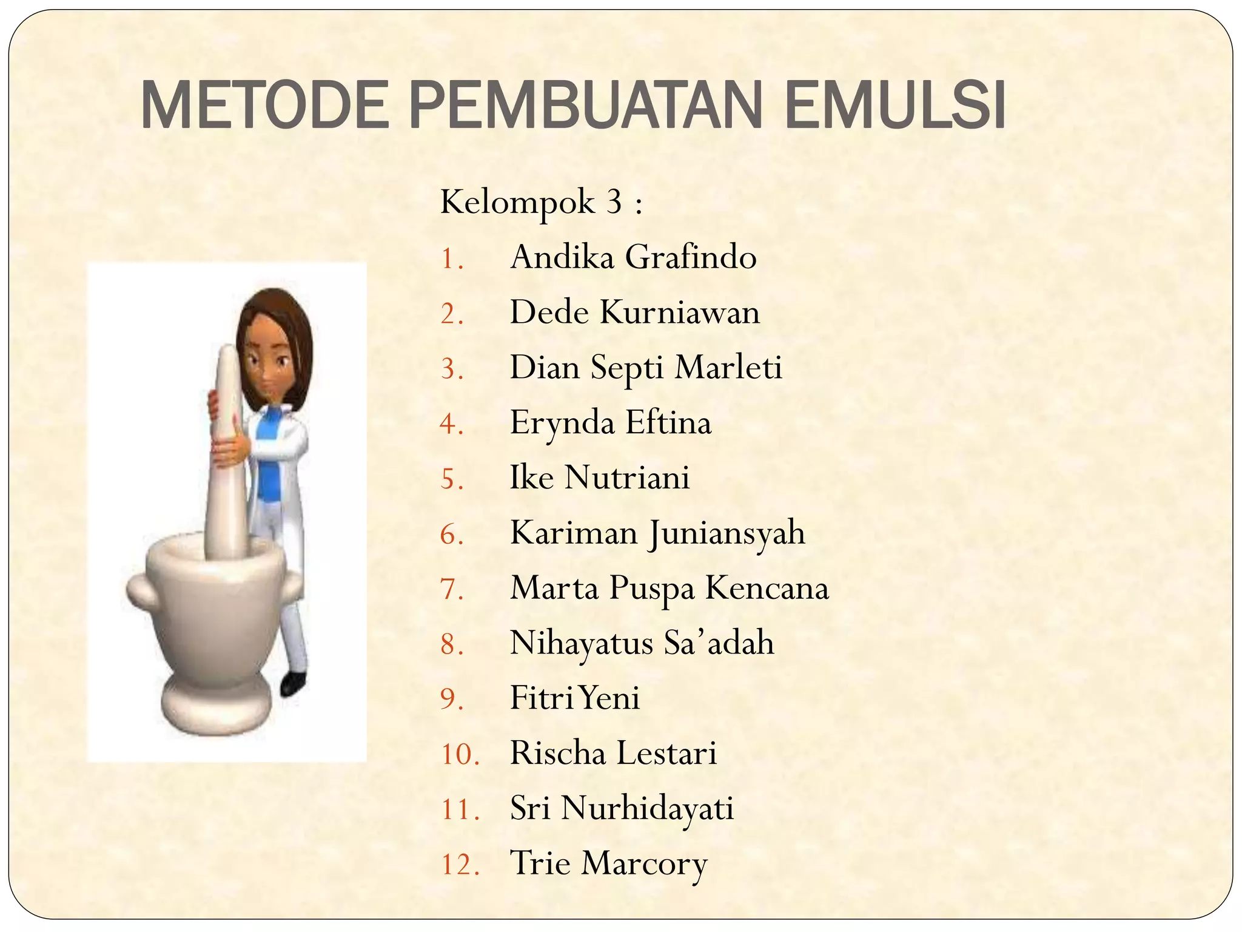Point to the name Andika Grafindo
click(633, 257)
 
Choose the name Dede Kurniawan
click(634, 312)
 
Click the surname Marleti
click(728, 368)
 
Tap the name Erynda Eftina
click(610, 422)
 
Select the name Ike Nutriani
click(599, 478)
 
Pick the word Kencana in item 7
click(767, 588)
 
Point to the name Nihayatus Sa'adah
click(642, 643)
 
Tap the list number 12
click(459, 864)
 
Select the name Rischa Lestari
click(613, 754)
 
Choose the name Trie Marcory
click(608, 864)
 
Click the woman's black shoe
click(294, 683)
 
